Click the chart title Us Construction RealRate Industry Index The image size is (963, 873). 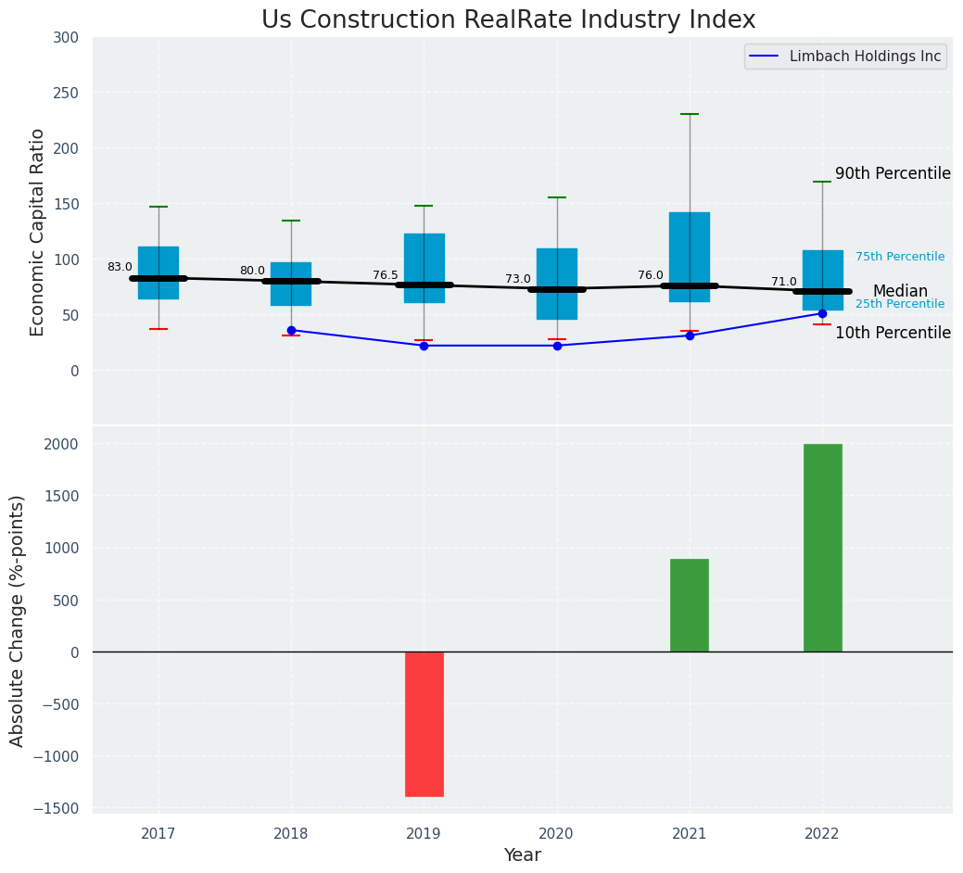[508, 20]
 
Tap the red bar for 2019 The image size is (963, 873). [424, 724]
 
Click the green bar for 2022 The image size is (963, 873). [822, 548]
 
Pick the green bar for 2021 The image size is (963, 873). [690, 605]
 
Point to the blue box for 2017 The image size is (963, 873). [158, 272]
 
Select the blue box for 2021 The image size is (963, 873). [690, 257]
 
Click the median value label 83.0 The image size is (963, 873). [120, 267]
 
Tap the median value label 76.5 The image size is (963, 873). [386, 275]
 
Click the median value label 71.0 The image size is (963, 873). [784, 282]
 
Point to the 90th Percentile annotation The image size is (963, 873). [893, 174]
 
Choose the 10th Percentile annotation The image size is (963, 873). [893, 334]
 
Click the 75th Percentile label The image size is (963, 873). [900, 257]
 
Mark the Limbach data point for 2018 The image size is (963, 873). [291, 330]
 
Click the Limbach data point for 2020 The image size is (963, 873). [557, 346]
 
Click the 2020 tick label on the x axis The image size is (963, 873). [557, 834]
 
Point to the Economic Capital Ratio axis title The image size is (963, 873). [38, 232]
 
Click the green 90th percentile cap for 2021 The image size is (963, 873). [690, 114]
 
